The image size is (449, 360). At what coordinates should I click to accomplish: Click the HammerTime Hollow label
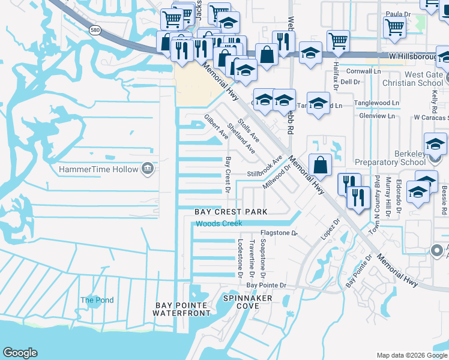98,169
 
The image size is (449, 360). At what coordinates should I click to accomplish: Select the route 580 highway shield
95,30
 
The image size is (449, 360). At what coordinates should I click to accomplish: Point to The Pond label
97,300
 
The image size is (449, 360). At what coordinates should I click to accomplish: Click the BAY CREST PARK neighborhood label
231,212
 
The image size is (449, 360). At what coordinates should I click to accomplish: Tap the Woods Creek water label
219,223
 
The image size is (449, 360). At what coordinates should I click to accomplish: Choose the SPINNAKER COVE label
247,302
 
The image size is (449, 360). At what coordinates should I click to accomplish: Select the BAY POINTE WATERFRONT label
183,309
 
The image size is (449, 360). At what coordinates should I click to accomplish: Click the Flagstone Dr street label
279,233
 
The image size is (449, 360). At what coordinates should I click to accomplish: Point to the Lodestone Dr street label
240,258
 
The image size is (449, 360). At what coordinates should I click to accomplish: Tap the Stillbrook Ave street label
265,170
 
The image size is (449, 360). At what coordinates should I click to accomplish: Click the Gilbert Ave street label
216,127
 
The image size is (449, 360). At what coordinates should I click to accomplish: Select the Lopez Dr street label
331,229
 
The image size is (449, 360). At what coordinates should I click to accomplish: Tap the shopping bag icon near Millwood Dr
321,165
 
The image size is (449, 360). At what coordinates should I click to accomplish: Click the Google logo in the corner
20,353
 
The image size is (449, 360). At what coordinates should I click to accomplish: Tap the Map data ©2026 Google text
412,355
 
